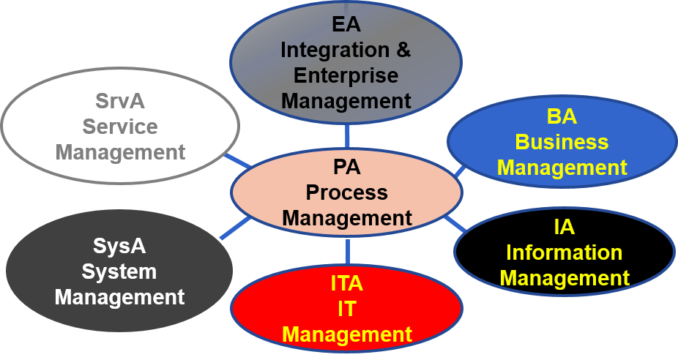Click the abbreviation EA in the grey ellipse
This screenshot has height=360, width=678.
pos(346,24)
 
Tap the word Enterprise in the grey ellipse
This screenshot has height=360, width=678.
pos(346,75)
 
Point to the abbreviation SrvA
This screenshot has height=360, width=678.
pos(120,100)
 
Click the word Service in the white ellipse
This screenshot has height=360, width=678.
pos(120,126)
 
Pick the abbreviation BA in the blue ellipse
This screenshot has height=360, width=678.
pos(562,116)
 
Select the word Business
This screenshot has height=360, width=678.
pos(562,141)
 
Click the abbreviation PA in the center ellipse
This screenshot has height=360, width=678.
pos(346,168)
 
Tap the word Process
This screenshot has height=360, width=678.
pos(346,192)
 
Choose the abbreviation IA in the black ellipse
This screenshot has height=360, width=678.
pos(564,228)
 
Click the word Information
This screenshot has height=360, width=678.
pos(564,253)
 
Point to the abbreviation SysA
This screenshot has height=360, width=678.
pos(119,245)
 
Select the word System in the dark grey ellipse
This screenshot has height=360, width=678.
pos(119,271)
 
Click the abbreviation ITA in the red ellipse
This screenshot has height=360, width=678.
pos(346,283)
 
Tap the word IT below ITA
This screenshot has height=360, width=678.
pos(346,309)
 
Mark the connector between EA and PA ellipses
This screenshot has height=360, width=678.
pos(347,136)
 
